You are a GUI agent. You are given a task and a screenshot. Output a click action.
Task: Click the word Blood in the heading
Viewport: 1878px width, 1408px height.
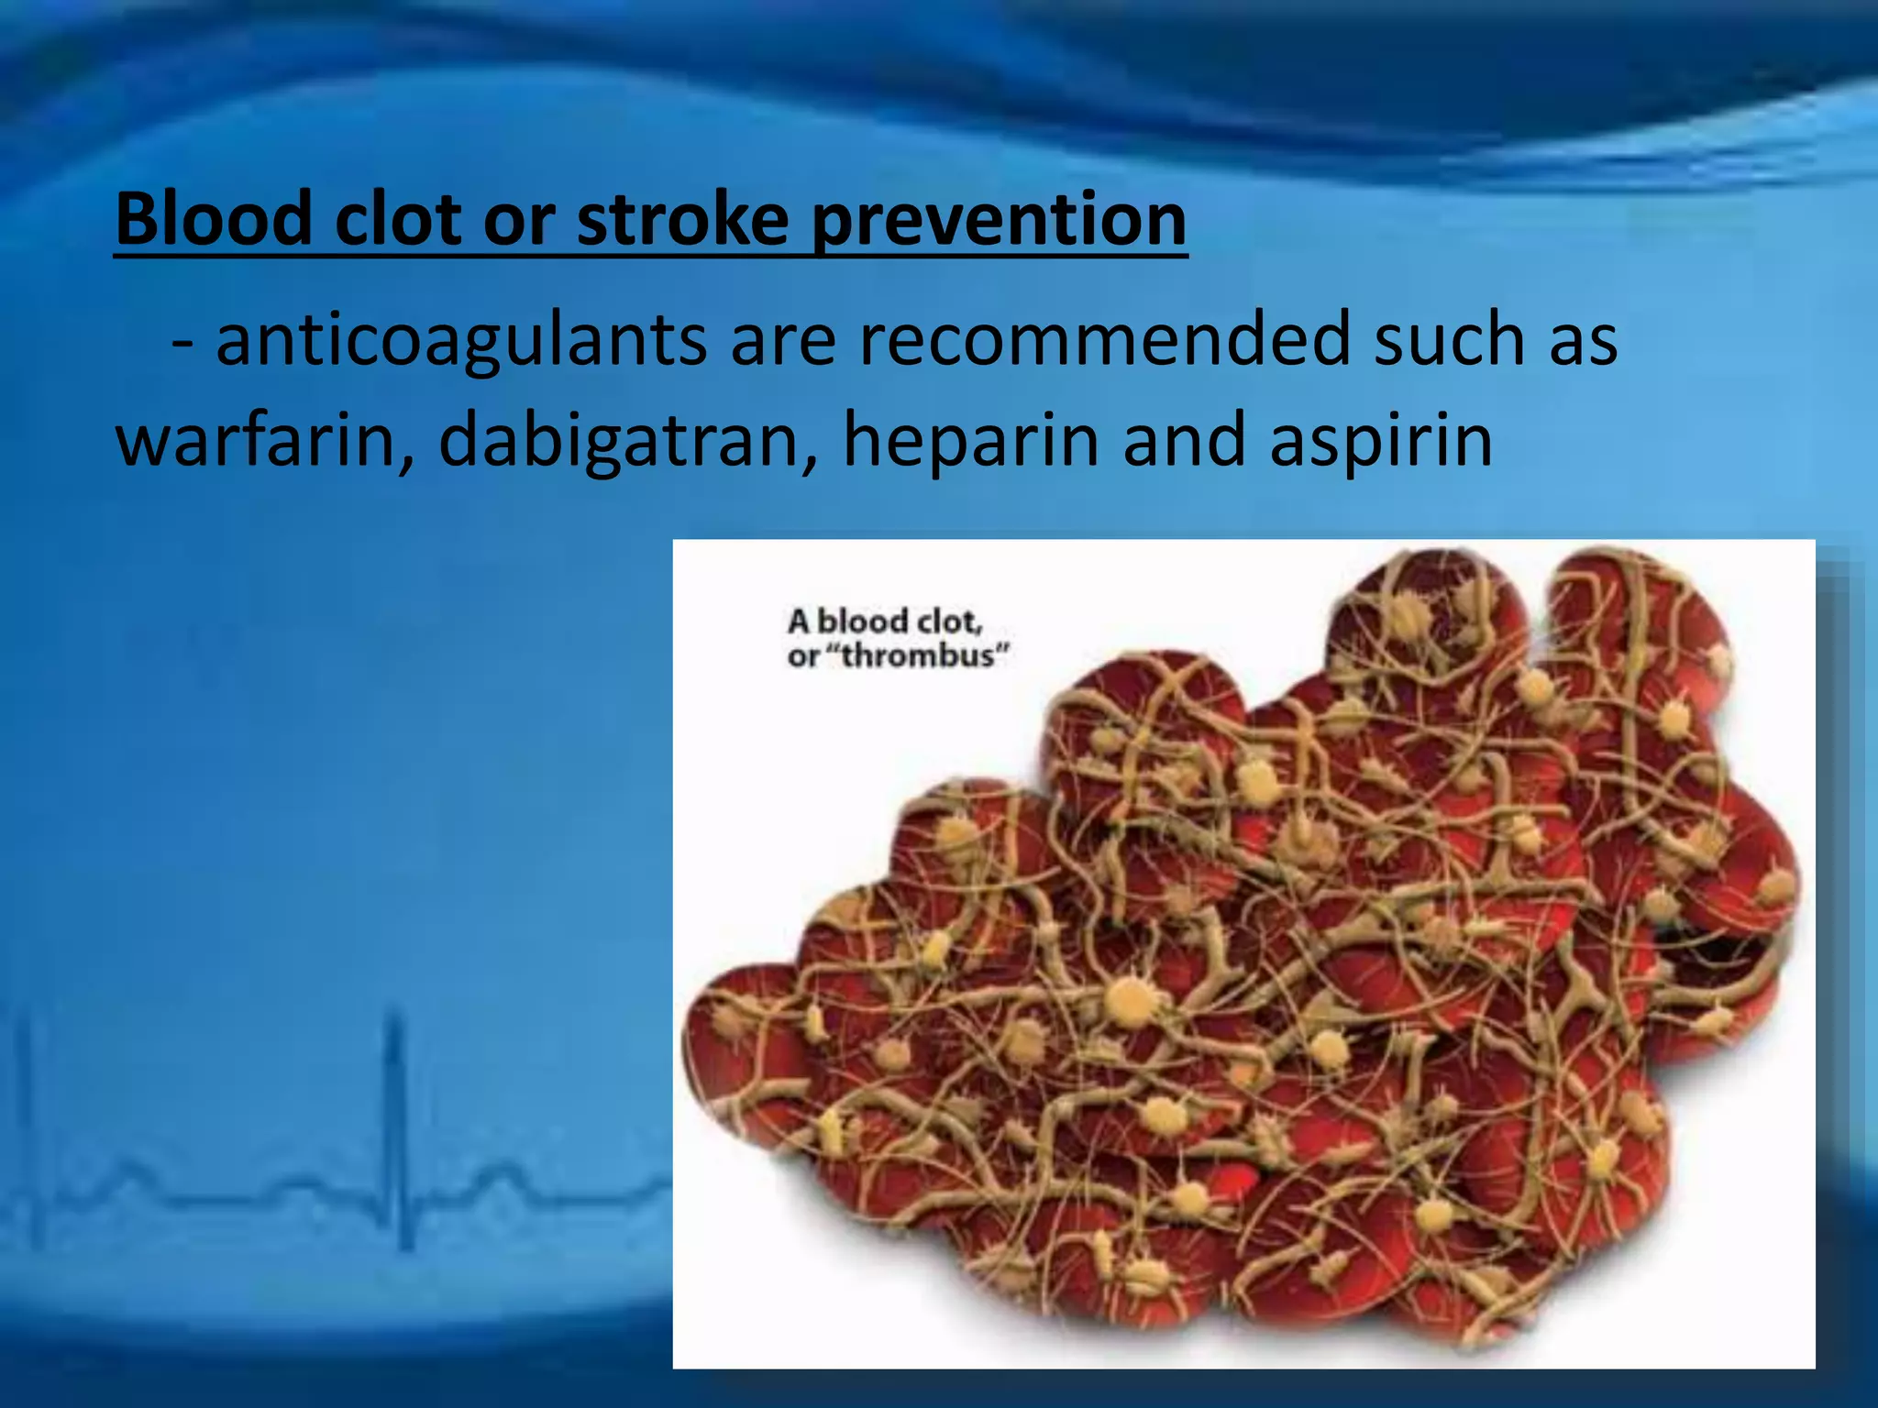(215, 219)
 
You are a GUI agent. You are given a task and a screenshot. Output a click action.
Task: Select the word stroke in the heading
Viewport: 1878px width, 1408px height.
(682, 219)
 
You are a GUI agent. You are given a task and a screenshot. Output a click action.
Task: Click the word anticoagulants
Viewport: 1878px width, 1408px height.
(461, 340)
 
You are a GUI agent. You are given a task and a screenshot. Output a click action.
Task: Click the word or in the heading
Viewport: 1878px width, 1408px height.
(519, 221)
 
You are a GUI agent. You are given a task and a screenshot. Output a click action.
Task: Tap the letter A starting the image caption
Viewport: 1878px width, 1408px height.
(799, 621)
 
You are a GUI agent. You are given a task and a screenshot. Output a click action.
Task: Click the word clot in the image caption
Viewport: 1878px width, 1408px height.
(949, 621)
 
